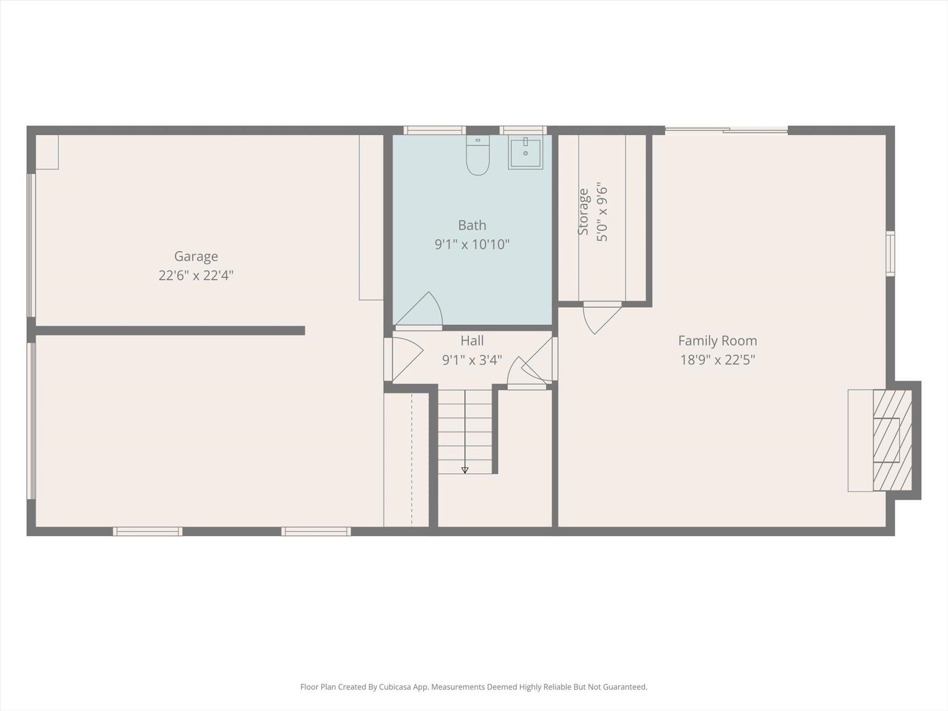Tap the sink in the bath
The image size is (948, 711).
(525, 152)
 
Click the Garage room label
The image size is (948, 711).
(196, 256)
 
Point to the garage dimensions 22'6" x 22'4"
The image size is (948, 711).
(196, 276)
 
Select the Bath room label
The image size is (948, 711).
(472, 225)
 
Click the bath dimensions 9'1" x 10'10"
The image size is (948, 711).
(472, 244)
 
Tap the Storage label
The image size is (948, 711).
(583, 212)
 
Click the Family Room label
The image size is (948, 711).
(717, 341)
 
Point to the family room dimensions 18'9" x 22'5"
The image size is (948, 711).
(717, 360)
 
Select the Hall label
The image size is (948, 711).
(472, 341)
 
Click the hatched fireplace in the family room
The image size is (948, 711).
(892, 441)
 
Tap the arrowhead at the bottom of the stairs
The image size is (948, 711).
(465, 470)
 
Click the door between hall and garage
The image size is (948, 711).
(405, 359)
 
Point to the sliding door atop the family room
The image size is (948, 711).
(726, 131)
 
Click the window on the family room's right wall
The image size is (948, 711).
(891, 254)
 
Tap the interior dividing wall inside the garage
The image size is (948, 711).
(171, 331)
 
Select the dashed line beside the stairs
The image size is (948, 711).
(411, 460)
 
